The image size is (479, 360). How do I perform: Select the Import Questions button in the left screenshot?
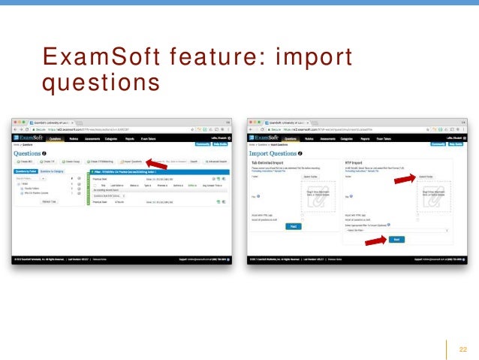pyautogui.click(x=132, y=161)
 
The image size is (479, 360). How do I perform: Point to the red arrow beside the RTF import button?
pyautogui.click(x=375, y=239)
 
